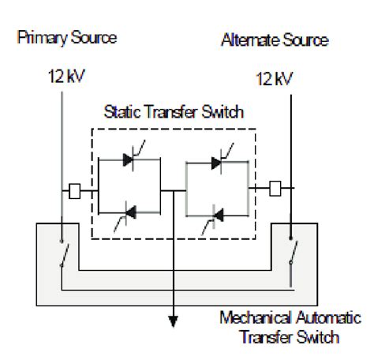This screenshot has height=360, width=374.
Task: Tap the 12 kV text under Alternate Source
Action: click(x=275, y=79)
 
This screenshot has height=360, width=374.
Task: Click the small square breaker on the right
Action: click(x=275, y=189)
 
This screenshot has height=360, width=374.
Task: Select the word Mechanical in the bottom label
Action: click(x=245, y=320)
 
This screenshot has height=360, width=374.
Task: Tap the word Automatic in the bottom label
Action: click(x=320, y=320)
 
